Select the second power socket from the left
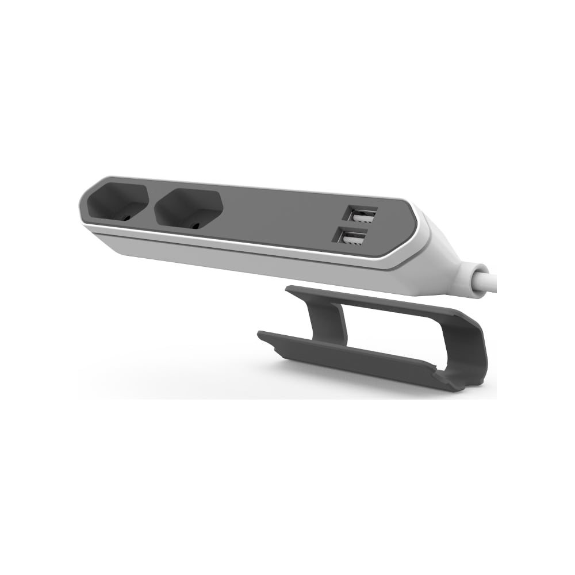[189, 208]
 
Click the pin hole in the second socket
[197, 222]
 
